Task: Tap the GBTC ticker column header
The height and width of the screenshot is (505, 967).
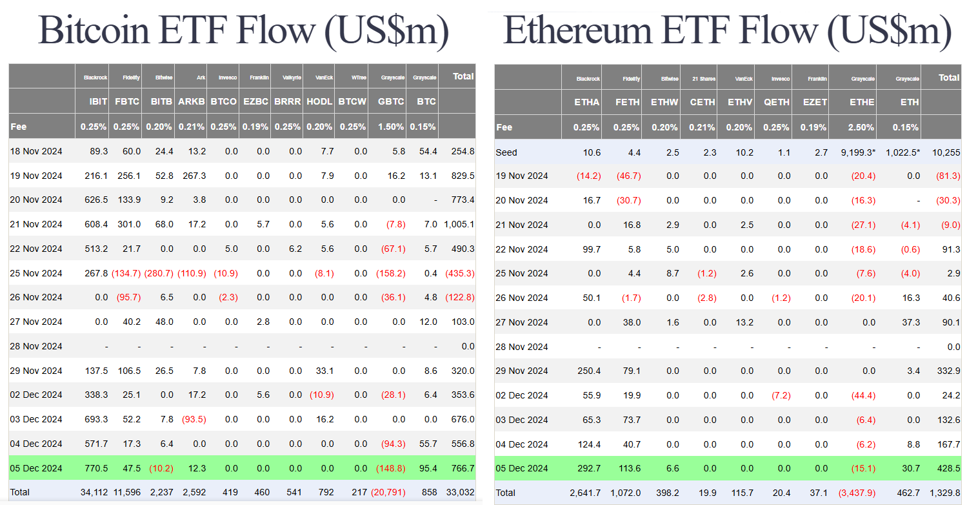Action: tap(391, 101)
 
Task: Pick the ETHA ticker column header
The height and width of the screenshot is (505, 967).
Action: tap(587, 102)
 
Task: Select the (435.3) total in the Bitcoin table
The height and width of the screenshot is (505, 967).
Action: tap(459, 273)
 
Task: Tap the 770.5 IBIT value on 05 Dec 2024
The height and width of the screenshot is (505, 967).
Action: tap(95, 468)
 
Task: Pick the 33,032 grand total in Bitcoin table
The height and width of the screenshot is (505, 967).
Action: tap(460, 492)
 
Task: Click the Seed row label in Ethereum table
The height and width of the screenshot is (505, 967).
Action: tap(506, 152)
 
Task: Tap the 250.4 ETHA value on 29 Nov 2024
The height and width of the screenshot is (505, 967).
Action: tap(589, 371)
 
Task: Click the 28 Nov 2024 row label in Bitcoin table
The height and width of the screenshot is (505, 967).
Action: tap(36, 346)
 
